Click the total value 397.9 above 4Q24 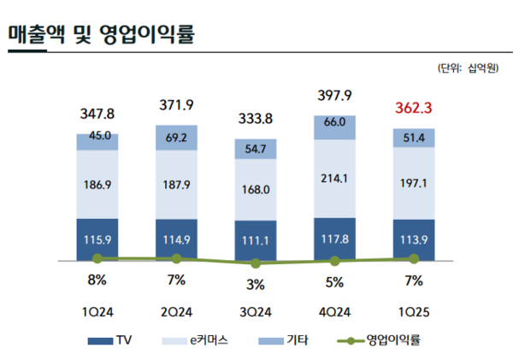(x=334, y=94)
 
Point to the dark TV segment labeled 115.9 (x=97, y=239)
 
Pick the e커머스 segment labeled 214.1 (x=334, y=180)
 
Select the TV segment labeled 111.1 (x=256, y=241)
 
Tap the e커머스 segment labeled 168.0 (x=256, y=190)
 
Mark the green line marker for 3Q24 (x=256, y=263)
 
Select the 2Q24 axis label (x=176, y=311)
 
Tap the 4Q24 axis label (x=334, y=311)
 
